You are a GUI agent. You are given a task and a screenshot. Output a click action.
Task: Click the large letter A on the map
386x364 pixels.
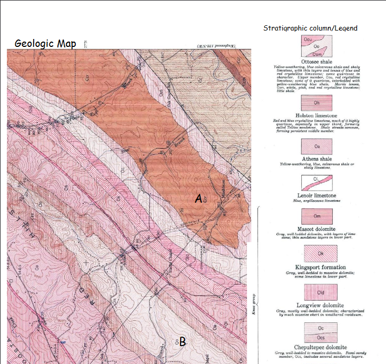coord(199,198)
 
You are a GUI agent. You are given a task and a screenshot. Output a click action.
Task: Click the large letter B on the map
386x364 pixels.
coord(182,342)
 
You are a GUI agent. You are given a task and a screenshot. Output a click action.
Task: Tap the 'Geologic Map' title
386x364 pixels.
coord(46,43)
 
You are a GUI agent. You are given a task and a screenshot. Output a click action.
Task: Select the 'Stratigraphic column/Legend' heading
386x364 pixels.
coord(310,28)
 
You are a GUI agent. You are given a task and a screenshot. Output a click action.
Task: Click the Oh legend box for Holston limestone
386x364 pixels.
coord(316,102)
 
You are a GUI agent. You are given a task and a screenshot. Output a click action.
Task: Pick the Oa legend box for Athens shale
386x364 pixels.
coord(316,146)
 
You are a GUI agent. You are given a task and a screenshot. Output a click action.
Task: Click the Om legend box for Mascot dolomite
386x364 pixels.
coord(316,217)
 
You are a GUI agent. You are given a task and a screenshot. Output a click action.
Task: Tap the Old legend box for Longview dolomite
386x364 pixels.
coord(316,293)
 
